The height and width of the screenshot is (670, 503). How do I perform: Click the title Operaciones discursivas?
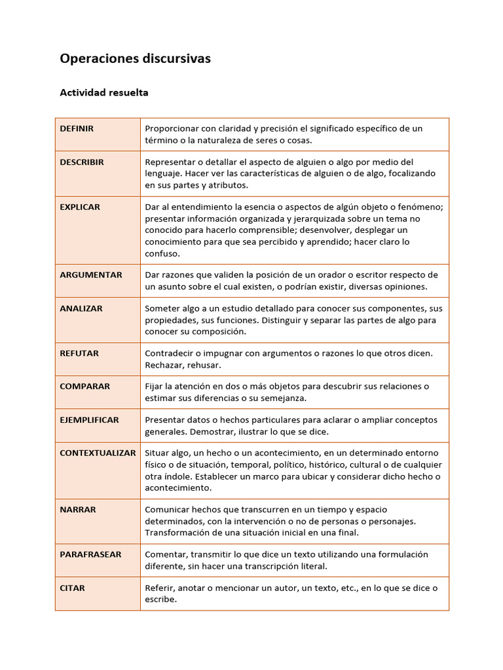tap(135, 59)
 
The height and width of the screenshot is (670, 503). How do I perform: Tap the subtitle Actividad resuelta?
tap(104, 92)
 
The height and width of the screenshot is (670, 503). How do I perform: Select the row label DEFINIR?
tap(77, 129)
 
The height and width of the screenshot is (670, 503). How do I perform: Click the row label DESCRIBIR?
tap(82, 162)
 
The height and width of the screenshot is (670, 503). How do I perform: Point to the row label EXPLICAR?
tap(80, 207)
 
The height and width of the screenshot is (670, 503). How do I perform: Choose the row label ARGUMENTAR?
tap(91, 275)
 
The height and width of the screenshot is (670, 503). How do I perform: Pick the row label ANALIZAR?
tap(81, 309)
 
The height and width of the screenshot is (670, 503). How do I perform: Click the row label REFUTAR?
tap(79, 353)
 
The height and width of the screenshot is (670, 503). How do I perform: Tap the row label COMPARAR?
tap(85, 387)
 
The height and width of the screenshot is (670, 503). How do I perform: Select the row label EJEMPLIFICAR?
tap(90, 420)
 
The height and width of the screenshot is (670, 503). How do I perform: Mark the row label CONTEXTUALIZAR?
tap(98, 453)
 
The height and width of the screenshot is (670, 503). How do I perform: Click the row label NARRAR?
tap(78, 510)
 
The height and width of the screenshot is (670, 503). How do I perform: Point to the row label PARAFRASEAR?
tap(90, 555)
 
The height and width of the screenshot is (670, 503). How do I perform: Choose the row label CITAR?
tap(73, 588)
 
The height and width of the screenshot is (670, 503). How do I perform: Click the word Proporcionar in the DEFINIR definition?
tap(172, 129)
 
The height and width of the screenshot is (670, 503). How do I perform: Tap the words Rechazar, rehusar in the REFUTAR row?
tap(183, 365)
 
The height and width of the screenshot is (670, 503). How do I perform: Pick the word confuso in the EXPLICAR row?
tap(162, 253)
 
